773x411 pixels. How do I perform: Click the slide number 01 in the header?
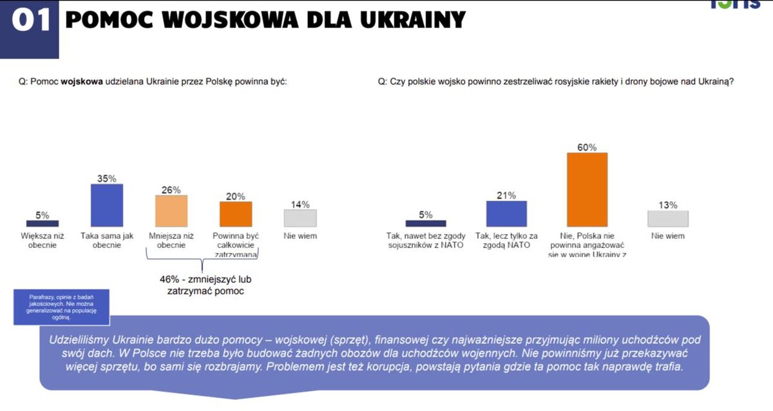click(30, 21)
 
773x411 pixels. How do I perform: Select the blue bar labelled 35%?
click(106, 205)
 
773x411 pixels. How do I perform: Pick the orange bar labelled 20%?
click(235, 214)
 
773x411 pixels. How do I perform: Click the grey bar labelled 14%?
click(300, 218)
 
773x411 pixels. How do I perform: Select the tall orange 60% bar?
click(587, 189)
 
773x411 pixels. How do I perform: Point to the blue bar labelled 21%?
click(506, 214)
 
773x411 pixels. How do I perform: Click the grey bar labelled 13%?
click(667, 218)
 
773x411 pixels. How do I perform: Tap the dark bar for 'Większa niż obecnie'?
click(43, 224)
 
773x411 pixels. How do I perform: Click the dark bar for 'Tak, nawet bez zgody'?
click(426, 224)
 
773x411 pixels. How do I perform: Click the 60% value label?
click(587, 146)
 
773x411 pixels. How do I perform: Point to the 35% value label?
click(106, 178)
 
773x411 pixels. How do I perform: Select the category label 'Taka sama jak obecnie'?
click(107, 240)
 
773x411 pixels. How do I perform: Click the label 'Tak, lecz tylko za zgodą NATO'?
click(506, 240)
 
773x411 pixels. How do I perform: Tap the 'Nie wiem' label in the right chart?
click(667, 236)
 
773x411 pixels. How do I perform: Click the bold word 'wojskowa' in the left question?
click(82, 82)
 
